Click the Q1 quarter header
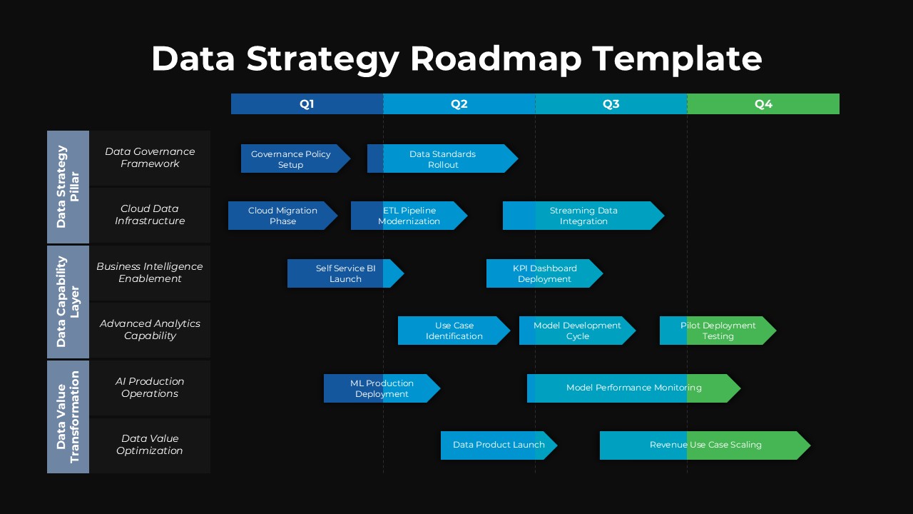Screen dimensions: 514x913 [x=307, y=104]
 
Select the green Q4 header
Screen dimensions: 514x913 [x=763, y=104]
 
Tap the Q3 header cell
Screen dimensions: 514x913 [x=611, y=104]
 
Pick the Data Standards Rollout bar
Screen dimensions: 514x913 [x=442, y=158]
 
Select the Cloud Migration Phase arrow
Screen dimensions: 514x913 [x=282, y=216]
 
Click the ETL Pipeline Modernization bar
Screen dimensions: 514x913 [x=409, y=216]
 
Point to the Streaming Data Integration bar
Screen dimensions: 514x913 [x=583, y=216]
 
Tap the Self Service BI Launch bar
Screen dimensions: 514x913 [x=345, y=273]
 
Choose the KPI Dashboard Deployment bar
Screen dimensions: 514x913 [x=544, y=273]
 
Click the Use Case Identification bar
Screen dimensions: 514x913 [x=454, y=331]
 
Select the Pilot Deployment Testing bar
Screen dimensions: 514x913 [x=717, y=331]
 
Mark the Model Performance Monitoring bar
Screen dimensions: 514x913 [x=633, y=388]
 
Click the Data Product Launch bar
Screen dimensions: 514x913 [x=498, y=445]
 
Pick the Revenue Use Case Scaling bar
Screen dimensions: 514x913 [x=705, y=445]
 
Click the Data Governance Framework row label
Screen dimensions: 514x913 [x=150, y=158]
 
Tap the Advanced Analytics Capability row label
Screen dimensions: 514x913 [x=150, y=330]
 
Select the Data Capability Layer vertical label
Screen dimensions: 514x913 [x=68, y=301]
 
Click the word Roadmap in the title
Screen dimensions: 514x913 [x=496, y=59]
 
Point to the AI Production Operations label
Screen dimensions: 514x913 [x=150, y=388]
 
